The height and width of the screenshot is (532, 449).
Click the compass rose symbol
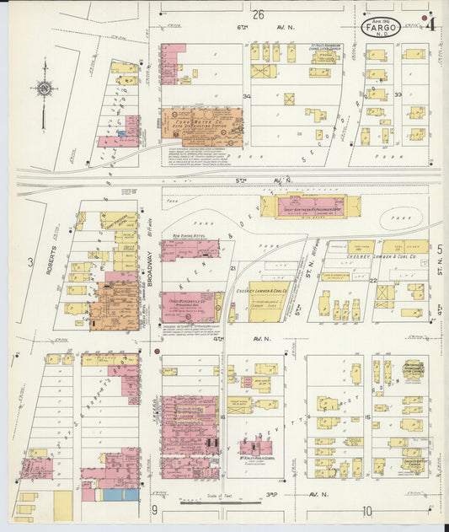pos(43,89)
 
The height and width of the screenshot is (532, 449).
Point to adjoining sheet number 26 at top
pos(258,13)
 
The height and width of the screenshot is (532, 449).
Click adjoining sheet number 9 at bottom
pos(154,510)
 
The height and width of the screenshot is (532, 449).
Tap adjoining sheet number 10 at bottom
pos(367,510)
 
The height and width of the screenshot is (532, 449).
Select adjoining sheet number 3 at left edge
pos(31,262)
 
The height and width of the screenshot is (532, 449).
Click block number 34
pos(247,97)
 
